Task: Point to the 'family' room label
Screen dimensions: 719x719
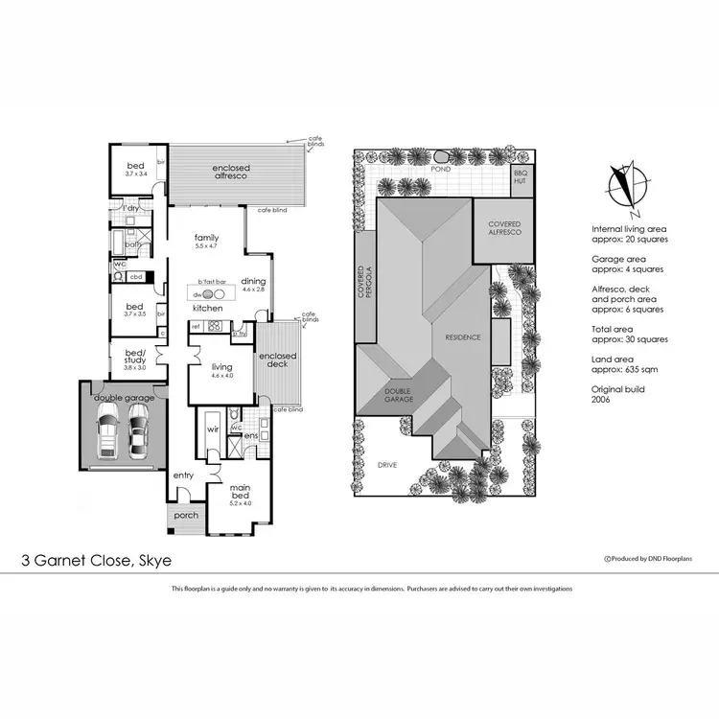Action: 207,238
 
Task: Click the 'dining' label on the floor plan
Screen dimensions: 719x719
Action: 253,280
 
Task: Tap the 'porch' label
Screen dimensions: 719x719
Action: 185,516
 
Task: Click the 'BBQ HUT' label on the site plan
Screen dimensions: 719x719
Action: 521,177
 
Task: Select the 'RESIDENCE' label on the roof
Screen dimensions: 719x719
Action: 462,337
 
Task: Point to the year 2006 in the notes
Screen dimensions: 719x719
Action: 603,404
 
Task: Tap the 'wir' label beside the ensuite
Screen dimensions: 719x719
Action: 213,429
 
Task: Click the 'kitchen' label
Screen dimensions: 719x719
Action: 208,309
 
